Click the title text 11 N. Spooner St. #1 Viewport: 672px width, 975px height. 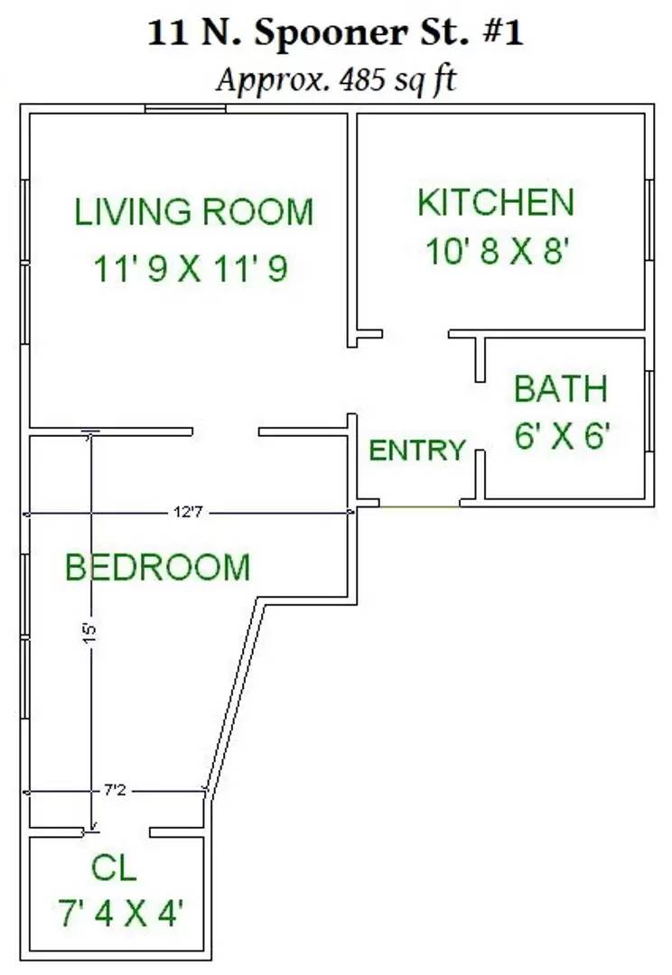coord(335,33)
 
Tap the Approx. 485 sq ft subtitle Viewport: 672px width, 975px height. coord(336,80)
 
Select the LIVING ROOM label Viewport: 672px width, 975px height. coord(193,212)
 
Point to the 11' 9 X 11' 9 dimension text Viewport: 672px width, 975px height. coord(191,269)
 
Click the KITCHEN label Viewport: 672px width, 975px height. coord(495,203)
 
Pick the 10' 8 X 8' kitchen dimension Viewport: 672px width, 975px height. coord(498,252)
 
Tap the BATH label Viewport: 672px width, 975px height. coord(561,388)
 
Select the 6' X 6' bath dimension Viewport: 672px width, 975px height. coord(562,434)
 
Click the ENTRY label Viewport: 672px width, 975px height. coord(417,450)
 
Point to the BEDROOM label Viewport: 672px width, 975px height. coord(157,567)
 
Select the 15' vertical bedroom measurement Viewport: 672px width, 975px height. coord(90,633)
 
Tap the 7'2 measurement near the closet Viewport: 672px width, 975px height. coord(115,790)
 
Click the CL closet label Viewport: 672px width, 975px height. coord(114,868)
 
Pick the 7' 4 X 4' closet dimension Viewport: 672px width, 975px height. coord(121,913)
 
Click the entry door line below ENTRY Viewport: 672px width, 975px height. coord(420,506)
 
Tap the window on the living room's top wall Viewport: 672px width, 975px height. coord(185,109)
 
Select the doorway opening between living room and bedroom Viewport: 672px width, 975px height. coord(225,432)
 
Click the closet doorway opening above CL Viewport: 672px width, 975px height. coord(117,832)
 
